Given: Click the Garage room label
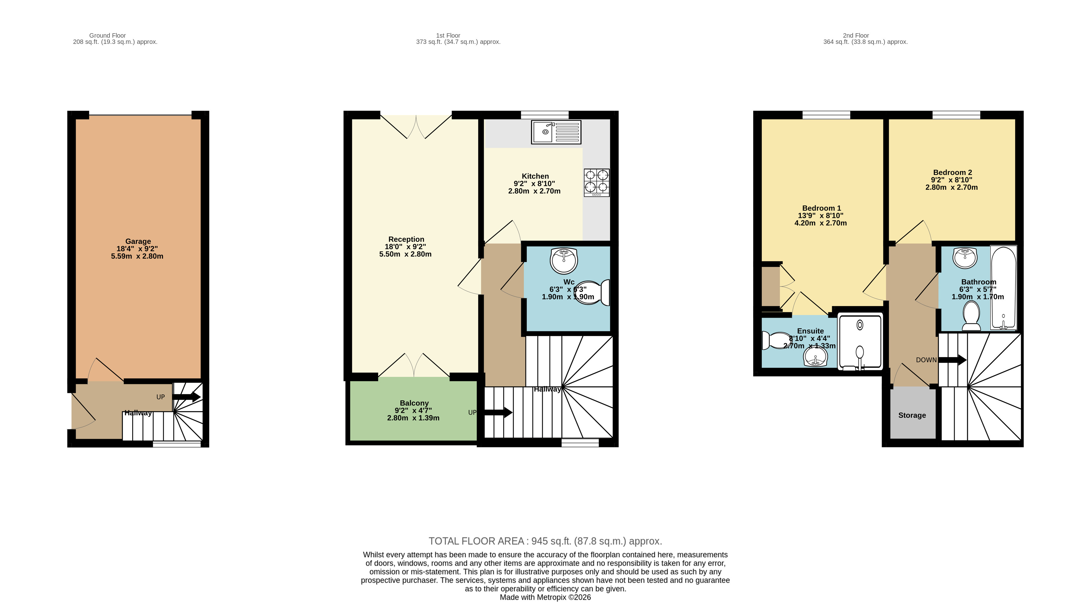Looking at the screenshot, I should [x=138, y=241].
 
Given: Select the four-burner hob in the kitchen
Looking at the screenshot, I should [x=596, y=182].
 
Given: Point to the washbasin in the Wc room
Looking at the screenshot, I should [x=563, y=260].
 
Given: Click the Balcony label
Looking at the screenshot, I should [x=414, y=403].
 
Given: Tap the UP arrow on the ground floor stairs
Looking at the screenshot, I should [x=186, y=397].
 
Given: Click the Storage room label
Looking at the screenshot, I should [x=912, y=415].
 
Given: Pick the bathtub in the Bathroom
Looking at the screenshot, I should [x=1003, y=288].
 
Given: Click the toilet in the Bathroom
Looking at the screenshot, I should [x=971, y=318].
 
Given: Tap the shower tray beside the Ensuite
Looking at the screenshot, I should [x=860, y=341].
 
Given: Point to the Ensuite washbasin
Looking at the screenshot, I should [x=815, y=357].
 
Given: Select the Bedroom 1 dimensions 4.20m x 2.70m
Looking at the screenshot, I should [x=820, y=223].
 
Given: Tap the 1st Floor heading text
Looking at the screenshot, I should [x=448, y=35].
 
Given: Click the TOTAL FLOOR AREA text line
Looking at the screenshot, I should [x=545, y=541].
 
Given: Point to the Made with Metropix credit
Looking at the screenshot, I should [x=545, y=597].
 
